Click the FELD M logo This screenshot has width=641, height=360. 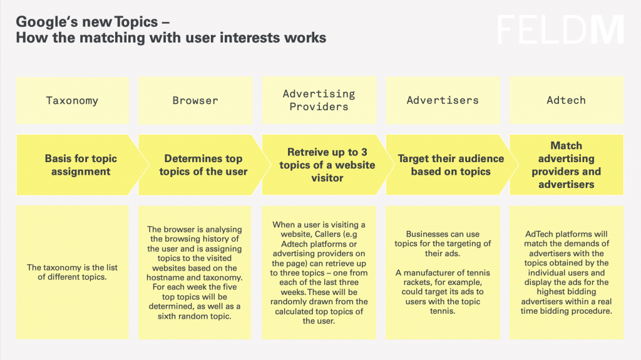click(560, 30)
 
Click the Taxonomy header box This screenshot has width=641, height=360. click(72, 100)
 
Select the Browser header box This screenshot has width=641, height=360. click(195, 100)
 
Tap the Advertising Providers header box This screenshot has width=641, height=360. click(319, 100)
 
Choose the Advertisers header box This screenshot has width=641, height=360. click(443, 100)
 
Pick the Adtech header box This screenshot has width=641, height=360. click(566, 100)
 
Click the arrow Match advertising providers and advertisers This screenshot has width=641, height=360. click(566, 165)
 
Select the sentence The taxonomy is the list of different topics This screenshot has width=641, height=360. click(72, 272)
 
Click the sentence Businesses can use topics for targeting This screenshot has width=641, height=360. click(443, 243)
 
